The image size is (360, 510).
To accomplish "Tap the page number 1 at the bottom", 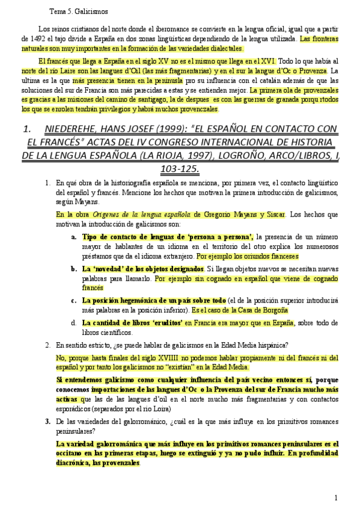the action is tap(337, 497).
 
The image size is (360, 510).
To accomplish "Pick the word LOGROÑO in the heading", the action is tap(242, 156).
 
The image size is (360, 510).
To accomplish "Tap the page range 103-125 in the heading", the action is tap(179, 170).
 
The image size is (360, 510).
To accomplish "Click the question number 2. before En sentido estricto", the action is tap(47, 345).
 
